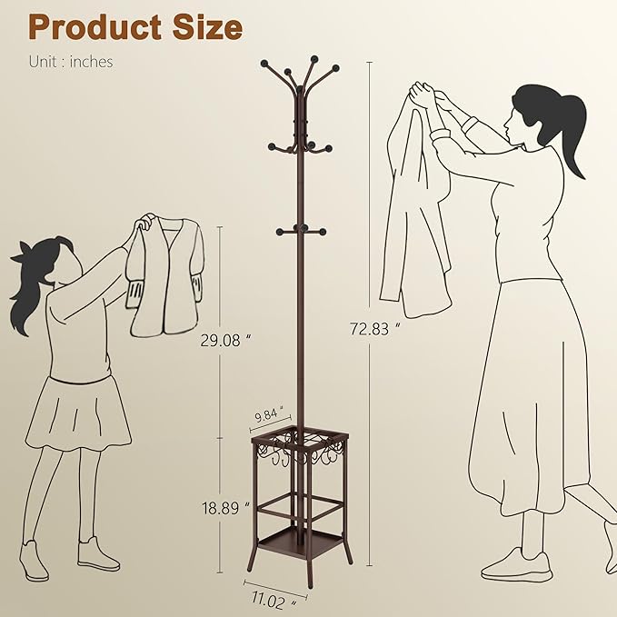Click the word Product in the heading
click(95, 28)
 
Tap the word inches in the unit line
click(91, 62)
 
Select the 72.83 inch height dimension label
click(374, 329)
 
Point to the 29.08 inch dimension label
click(225, 341)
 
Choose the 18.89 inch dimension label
click(225, 508)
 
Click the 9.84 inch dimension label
click(269, 414)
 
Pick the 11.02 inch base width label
click(274, 601)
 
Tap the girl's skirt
click(79, 413)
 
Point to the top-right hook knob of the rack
click(335, 68)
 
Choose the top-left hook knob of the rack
click(264, 63)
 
